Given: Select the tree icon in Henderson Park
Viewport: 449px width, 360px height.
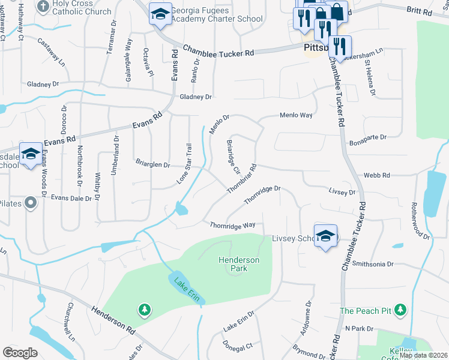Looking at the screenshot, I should point(144,310).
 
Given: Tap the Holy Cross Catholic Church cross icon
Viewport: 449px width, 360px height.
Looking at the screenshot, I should point(43,7).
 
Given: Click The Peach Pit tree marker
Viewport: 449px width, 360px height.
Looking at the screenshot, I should point(400,311).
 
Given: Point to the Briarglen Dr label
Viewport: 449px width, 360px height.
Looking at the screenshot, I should point(153,164).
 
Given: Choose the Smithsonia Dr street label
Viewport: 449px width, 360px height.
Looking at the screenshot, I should point(373,263).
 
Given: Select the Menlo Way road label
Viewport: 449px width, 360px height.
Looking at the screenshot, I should point(296,115).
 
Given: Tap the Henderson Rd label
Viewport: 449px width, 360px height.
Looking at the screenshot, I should point(113,320).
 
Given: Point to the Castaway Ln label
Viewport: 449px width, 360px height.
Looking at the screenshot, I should point(52,52).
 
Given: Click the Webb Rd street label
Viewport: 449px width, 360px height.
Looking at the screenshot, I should point(377,176).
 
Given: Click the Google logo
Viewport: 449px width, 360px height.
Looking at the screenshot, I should point(20,353).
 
